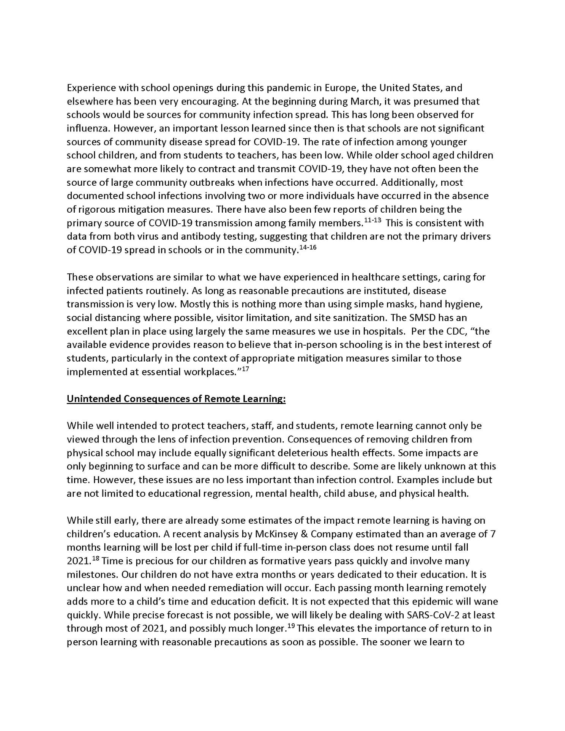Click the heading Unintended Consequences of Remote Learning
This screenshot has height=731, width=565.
176,399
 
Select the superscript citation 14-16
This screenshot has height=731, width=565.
308,247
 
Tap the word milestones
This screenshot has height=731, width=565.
88,575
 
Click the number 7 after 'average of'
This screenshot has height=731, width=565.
492,534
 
